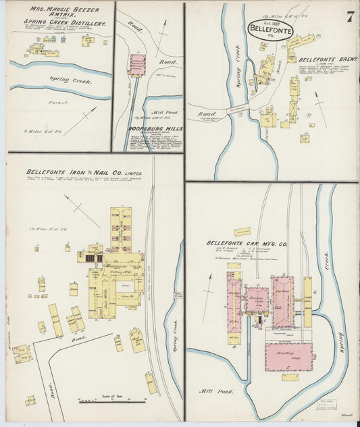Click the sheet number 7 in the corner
pyautogui.click(x=350, y=18)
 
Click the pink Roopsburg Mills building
pyautogui.click(x=138, y=65)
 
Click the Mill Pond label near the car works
pyautogui.click(x=214, y=391)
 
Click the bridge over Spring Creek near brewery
pyautogui.click(x=239, y=114)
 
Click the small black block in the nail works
pyautogui.click(x=99, y=257)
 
